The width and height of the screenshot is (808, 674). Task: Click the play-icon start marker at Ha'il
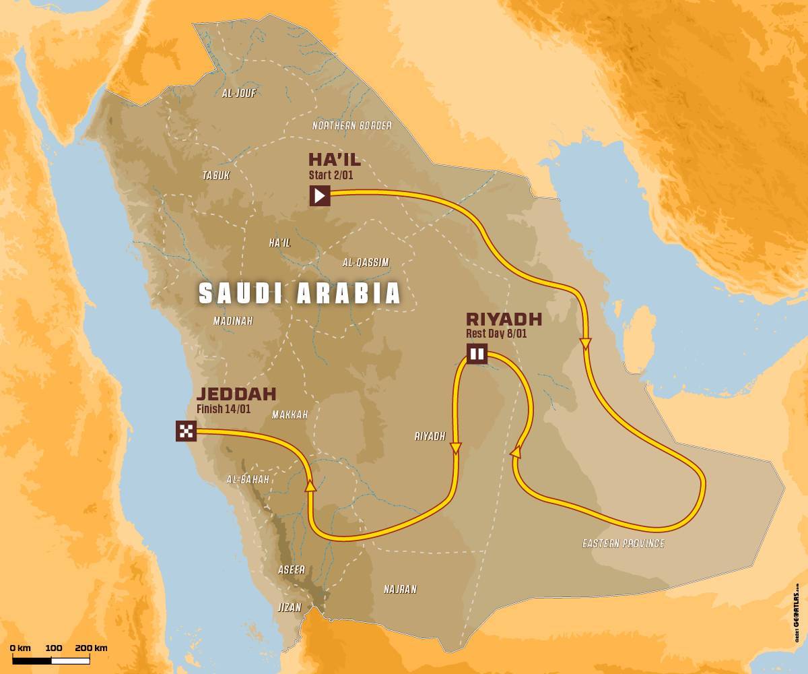320,196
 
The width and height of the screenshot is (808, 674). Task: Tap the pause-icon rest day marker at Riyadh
477,354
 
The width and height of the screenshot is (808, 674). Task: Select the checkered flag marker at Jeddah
186,431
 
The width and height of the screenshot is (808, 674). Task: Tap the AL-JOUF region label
239,94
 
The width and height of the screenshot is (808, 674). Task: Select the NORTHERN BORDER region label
351,126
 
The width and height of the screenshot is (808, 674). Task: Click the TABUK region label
216,175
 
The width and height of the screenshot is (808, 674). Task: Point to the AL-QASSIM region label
366,263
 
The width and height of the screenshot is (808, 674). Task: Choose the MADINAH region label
233,321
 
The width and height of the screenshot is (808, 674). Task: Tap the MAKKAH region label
290,415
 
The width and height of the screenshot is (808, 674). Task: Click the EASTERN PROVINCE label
623,543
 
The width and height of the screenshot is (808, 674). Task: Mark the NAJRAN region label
400,590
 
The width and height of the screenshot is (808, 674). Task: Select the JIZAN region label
290,607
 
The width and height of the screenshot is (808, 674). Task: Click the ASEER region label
292,570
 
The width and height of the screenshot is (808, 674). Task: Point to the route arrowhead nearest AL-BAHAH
310,484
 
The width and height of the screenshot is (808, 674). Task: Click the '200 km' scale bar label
91,648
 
